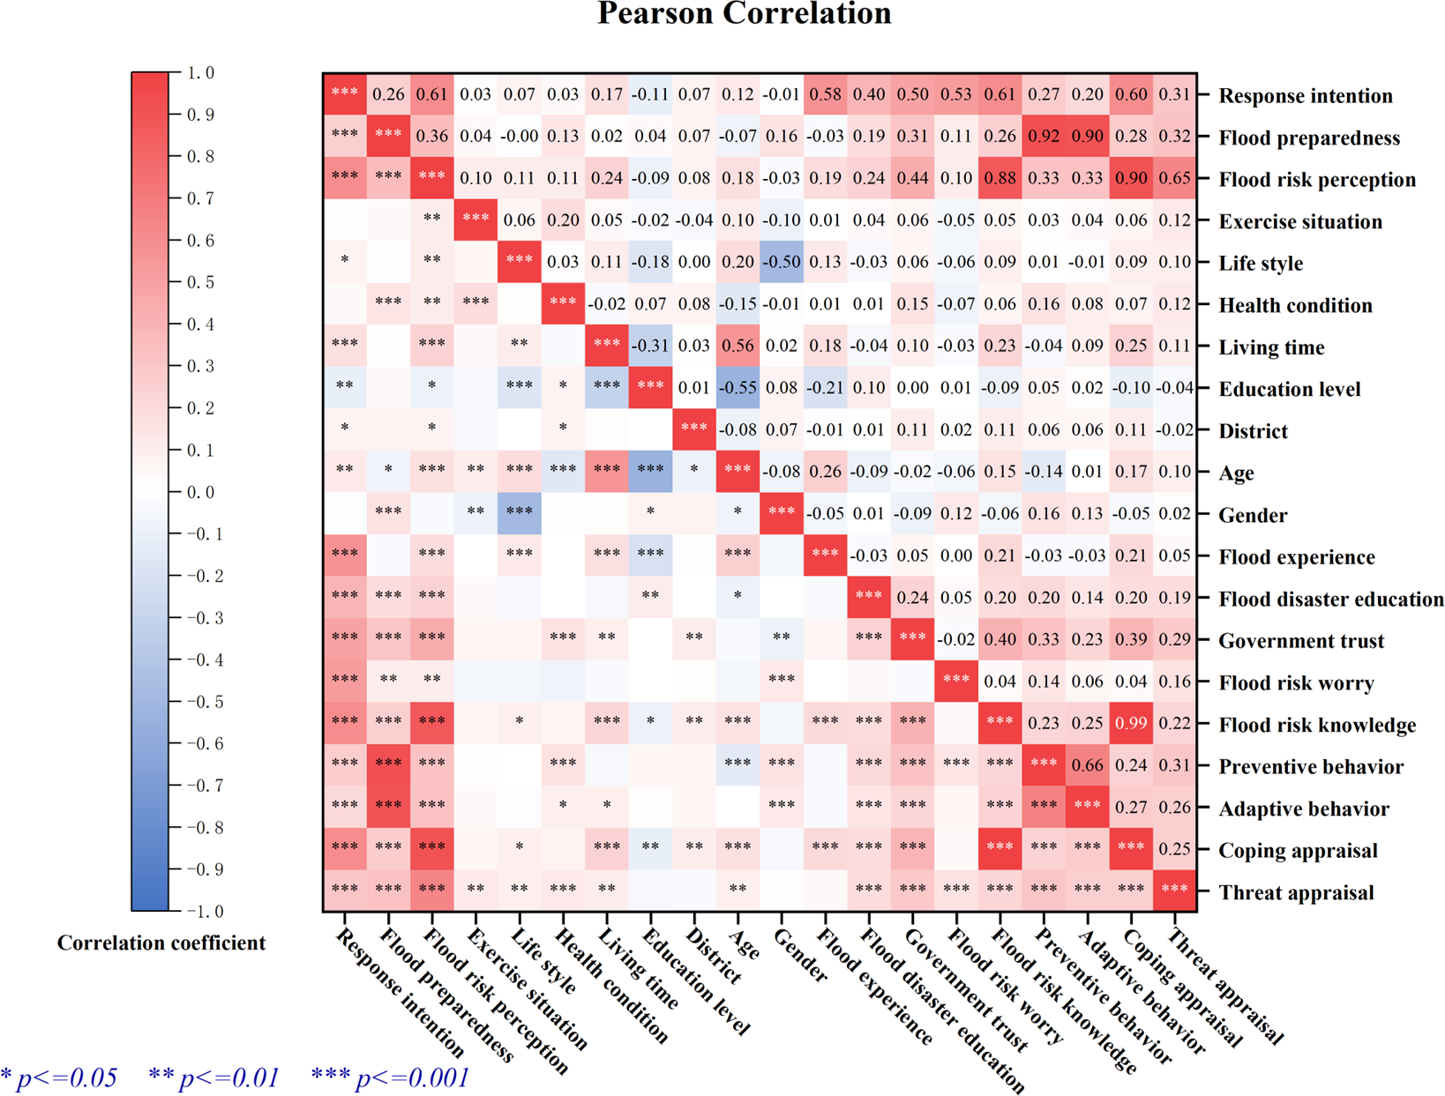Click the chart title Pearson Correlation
(x=744, y=14)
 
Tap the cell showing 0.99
(x=1131, y=724)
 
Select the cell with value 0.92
(x=1044, y=137)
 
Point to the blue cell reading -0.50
(x=781, y=263)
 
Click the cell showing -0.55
(x=737, y=388)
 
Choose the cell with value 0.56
(x=737, y=347)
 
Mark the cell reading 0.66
(x=1087, y=765)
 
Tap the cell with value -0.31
(x=650, y=347)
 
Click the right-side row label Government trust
(x=1301, y=641)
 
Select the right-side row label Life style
(x=1261, y=264)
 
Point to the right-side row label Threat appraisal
(x=1296, y=892)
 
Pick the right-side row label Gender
(x=1253, y=515)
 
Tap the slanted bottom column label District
(x=712, y=956)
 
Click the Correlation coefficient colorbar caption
(x=161, y=943)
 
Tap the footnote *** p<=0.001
(x=390, y=1077)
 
